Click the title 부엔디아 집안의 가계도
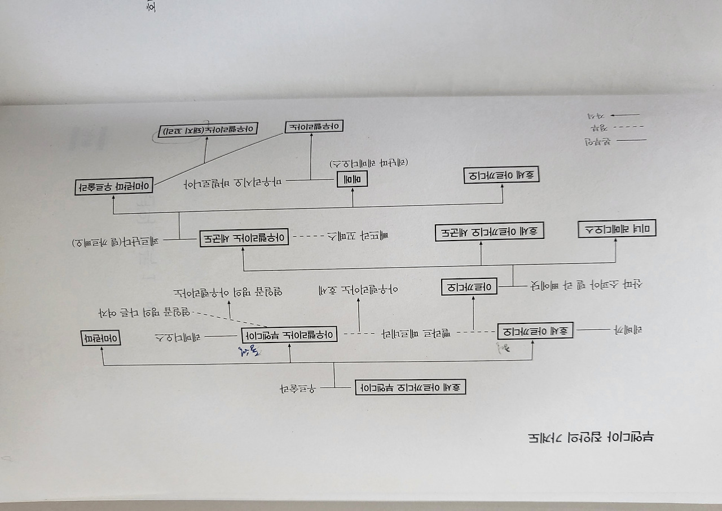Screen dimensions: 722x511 click(x=590, y=437)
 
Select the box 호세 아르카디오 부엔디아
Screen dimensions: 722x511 click(x=410, y=387)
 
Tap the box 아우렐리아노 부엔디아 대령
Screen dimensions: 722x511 click(x=289, y=335)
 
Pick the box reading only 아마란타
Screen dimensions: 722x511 click(x=102, y=339)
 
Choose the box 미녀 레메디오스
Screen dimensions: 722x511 click(x=617, y=230)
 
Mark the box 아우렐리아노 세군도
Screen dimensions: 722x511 click(x=243, y=238)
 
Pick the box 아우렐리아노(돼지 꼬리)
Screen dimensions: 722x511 click(x=207, y=130)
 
